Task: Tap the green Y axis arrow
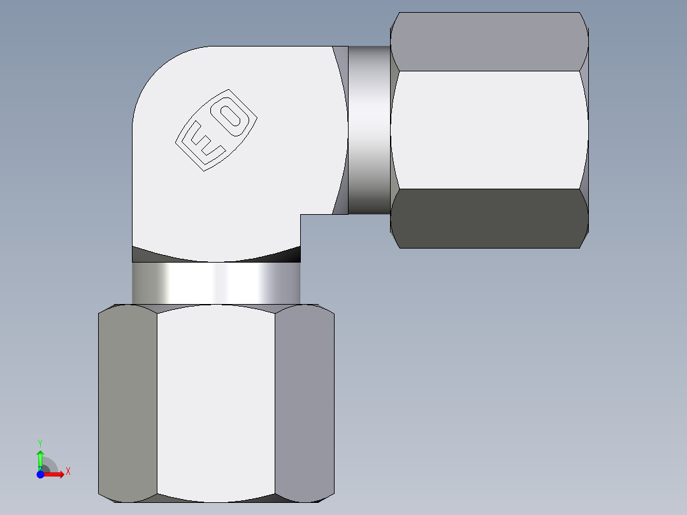click(x=40, y=458)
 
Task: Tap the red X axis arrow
click(x=55, y=474)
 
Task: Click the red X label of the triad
click(x=68, y=472)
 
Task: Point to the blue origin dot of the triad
click(x=40, y=474)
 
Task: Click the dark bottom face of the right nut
click(x=489, y=218)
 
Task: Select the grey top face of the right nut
click(x=489, y=41)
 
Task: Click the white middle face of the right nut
click(x=489, y=129)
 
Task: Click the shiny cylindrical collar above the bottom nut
click(x=215, y=283)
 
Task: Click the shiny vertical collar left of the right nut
click(x=369, y=129)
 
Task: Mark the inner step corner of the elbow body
click(x=301, y=215)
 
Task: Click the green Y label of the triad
click(x=40, y=442)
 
